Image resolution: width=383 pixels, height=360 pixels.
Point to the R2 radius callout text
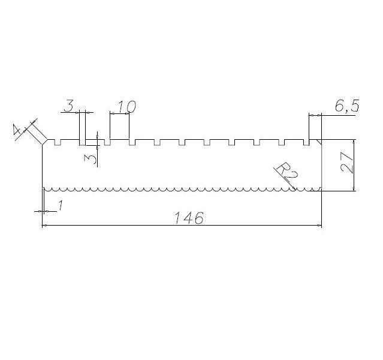pos(288,172)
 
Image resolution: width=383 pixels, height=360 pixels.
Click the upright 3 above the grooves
pos(69,107)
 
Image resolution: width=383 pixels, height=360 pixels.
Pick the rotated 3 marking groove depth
pos(91,158)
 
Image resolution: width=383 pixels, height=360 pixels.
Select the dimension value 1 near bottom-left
pos(60,206)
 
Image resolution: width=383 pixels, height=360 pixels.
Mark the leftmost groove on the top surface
pos(58,143)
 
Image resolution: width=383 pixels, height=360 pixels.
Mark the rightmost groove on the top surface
pos(309,143)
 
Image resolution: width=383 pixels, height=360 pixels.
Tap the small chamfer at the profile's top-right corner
pos(321,142)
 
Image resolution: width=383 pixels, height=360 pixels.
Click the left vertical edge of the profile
pos(42,168)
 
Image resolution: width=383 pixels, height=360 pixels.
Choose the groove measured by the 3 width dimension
pos(83,143)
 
